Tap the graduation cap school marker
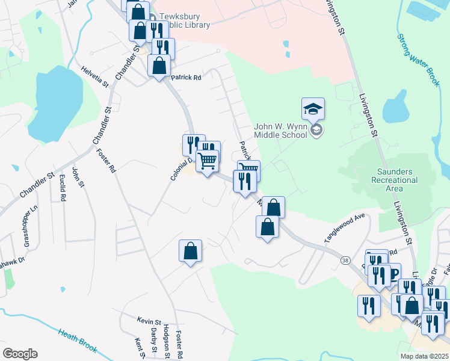[313, 109]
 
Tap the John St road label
[76, 177]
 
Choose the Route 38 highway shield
[345, 260]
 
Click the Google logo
[20, 354]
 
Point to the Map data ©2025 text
[424, 356]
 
